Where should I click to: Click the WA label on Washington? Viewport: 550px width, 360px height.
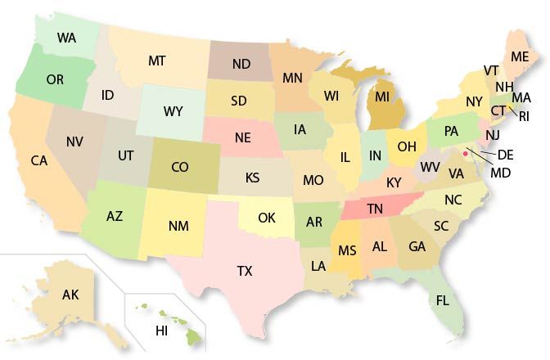click(x=67, y=38)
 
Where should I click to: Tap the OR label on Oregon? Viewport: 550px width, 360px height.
click(x=56, y=79)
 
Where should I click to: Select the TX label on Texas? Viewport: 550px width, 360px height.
click(x=245, y=270)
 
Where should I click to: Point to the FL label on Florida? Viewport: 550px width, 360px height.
click(x=443, y=300)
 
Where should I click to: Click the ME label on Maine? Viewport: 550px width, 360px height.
click(x=520, y=56)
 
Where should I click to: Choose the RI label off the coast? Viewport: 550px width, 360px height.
click(x=525, y=116)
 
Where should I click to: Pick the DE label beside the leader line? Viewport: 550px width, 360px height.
click(x=506, y=154)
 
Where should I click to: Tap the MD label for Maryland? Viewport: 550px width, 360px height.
click(x=500, y=173)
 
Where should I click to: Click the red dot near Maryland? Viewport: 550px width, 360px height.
click(x=465, y=152)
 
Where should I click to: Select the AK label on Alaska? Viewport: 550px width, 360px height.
click(x=70, y=295)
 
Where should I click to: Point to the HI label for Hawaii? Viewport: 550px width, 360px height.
click(x=161, y=331)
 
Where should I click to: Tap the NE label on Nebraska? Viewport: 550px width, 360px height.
click(x=242, y=137)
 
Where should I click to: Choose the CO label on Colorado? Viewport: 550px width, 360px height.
click(x=181, y=167)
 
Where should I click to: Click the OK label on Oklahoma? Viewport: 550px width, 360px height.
click(x=267, y=218)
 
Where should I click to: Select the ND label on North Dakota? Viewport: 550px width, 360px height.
click(x=241, y=63)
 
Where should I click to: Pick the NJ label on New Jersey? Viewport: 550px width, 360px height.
click(x=493, y=134)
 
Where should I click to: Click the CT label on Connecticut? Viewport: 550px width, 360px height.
click(x=498, y=110)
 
